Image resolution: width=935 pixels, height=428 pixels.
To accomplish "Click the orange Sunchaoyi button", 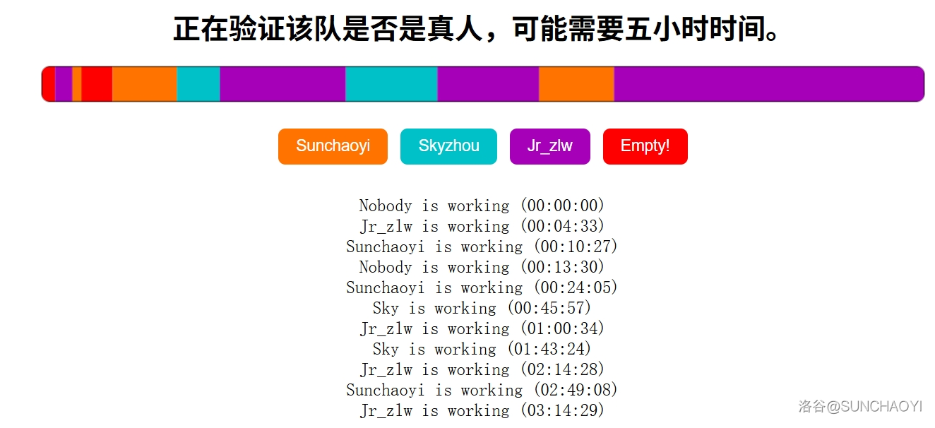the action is [333, 146].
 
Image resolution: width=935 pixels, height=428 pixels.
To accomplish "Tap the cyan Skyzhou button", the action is [448, 146].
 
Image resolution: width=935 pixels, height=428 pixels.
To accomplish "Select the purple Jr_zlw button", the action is [549, 146].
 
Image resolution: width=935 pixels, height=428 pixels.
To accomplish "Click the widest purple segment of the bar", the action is [768, 84].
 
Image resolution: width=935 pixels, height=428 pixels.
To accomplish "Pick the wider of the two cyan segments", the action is [391, 84].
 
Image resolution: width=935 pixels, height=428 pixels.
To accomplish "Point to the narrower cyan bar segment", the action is [198, 84].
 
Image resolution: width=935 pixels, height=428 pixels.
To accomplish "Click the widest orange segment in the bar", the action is [576, 84].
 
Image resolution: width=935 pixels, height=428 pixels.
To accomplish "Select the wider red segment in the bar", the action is [97, 84].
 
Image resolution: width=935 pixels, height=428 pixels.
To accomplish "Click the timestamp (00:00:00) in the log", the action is [563, 206].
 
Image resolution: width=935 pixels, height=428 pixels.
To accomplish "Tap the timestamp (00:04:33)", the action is [563, 227].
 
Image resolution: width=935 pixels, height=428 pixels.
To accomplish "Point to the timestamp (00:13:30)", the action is [563, 268].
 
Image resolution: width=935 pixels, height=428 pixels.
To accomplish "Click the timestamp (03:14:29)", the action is [563, 411].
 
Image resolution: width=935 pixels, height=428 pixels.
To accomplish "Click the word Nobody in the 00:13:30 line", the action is [385, 268].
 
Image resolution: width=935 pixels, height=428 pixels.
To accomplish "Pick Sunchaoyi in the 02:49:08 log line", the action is [385, 391].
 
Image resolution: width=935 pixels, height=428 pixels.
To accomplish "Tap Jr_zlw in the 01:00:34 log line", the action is [386, 329].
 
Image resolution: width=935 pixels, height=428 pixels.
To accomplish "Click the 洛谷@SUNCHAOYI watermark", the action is [860, 407].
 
